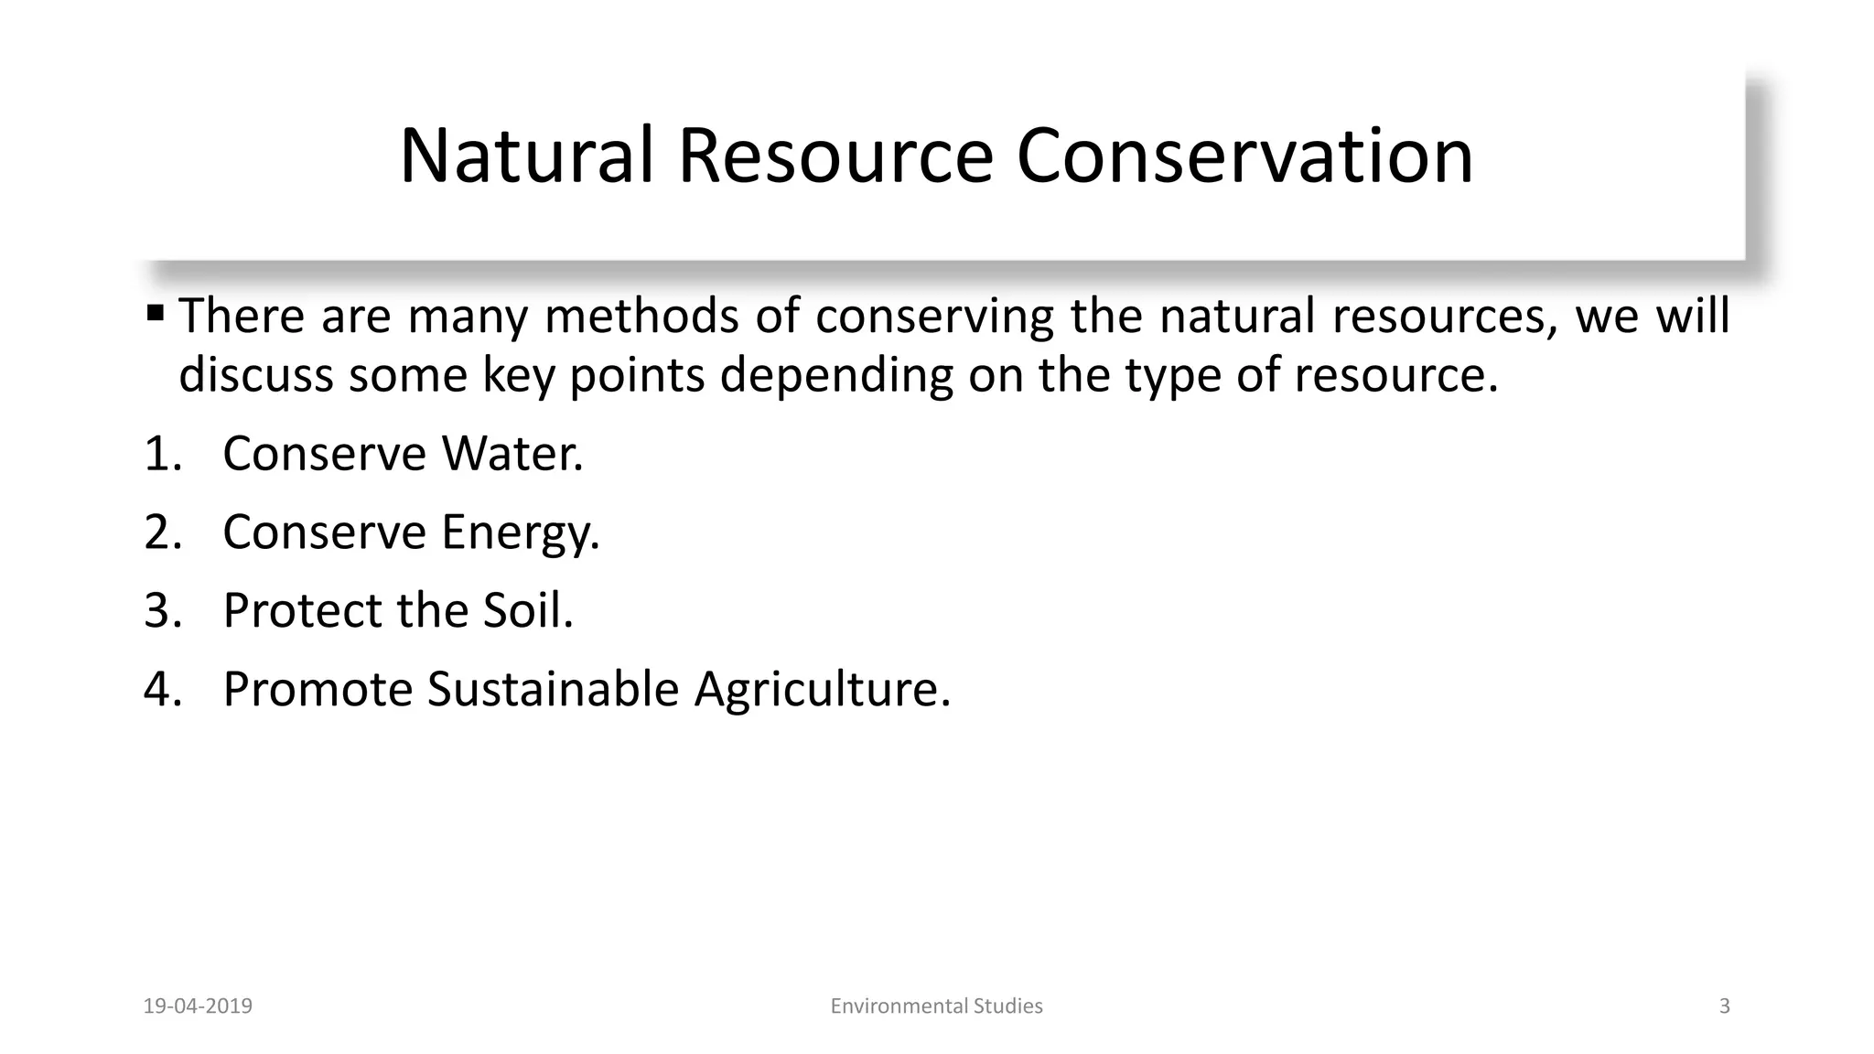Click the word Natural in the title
(x=527, y=156)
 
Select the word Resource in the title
(x=835, y=156)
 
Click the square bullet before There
(x=155, y=314)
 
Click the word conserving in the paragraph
(x=934, y=317)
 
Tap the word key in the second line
(x=518, y=375)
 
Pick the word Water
(x=512, y=454)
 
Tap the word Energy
(x=520, y=532)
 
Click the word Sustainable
(x=553, y=689)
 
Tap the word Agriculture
(x=822, y=689)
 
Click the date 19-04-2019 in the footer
(x=198, y=1006)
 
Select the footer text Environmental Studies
(x=936, y=1006)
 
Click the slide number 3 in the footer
(x=1725, y=1006)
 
